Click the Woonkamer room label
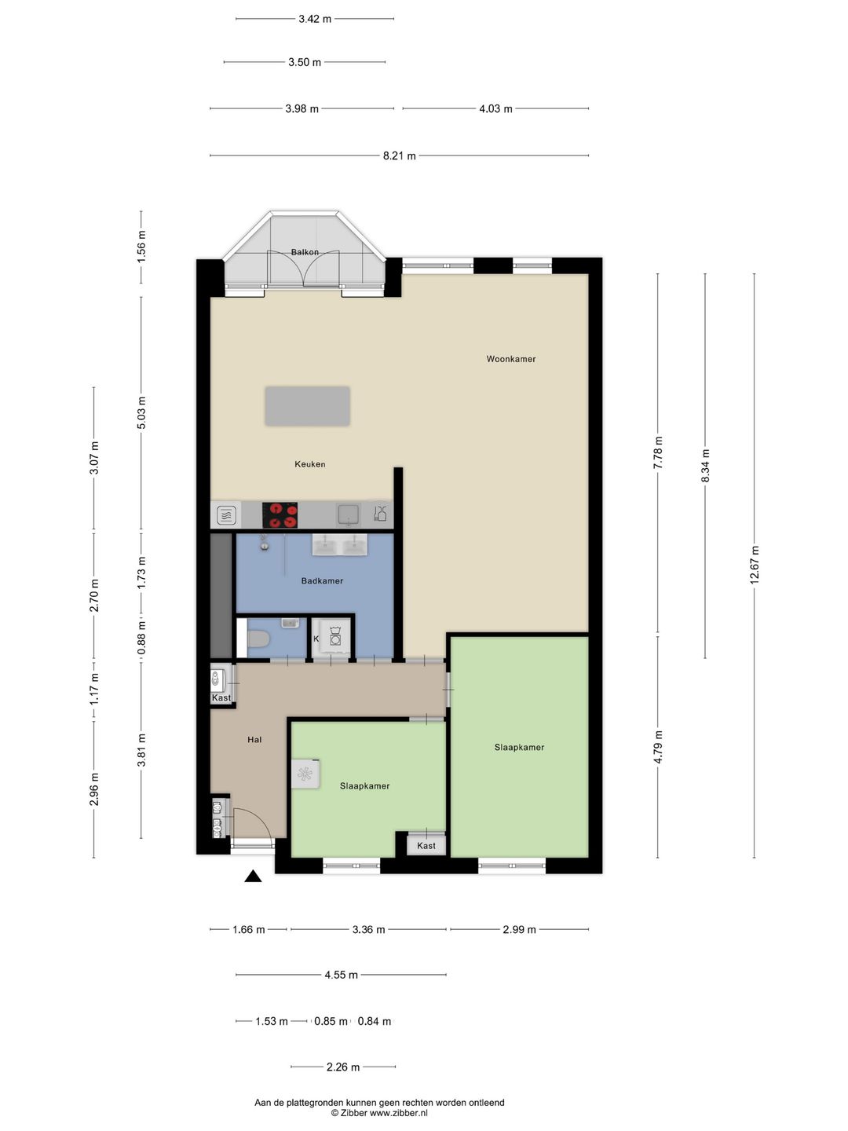pyautogui.click(x=510, y=359)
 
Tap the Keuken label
pyautogui.click(x=310, y=463)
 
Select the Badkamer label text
pyautogui.click(x=322, y=580)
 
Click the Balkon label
pyautogui.click(x=305, y=252)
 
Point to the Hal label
pyautogui.click(x=254, y=739)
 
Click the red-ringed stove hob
pyautogui.click(x=280, y=515)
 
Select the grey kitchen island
pyautogui.click(x=307, y=407)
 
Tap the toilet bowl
pyautogui.click(x=258, y=639)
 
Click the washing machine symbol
pyautogui.click(x=334, y=639)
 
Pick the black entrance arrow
pyautogui.click(x=253, y=876)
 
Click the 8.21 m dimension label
pyautogui.click(x=400, y=155)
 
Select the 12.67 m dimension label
pyautogui.click(x=755, y=565)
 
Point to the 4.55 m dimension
pyautogui.click(x=341, y=975)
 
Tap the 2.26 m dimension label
pyautogui.click(x=343, y=1067)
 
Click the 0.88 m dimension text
pyautogui.click(x=141, y=638)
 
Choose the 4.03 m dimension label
pyautogui.click(x=495, y=108)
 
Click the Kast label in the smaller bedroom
pyautogui.click(x=426, y=846)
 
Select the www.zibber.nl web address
pyautogui.click(x=399, y=1112)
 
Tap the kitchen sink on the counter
pyautogui.click(x=349, y=514)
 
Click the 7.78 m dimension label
pyautogui.click(x=657, y=452)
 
